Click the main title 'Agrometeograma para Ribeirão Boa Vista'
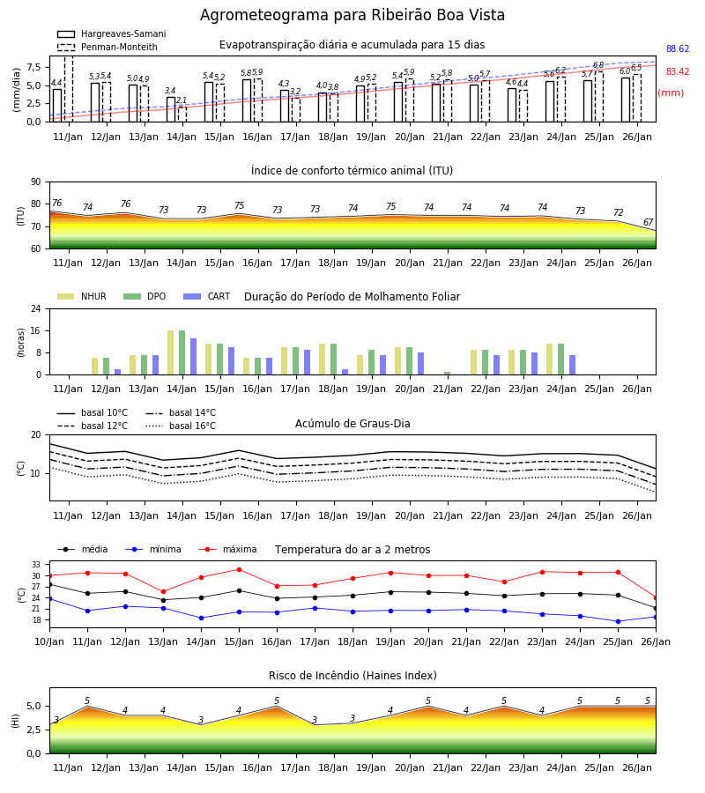(x=352, y=15)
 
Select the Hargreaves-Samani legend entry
(x=111, y=33)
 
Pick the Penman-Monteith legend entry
(x=108, y=47)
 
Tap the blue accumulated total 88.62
(x=678, y=49)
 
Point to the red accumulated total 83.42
(x=678, y=72)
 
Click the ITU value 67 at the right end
(x=648, y=223)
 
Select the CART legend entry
(x=207, y=296)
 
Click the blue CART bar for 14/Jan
(x=193, y=357)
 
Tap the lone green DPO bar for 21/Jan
(x=447, y=374)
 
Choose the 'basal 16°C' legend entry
(x=181, y=426)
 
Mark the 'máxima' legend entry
(x=227, y=549)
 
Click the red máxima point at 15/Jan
(x=239, y=569)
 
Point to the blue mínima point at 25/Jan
(x=618, y=621)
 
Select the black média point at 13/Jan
(x=163, y=600)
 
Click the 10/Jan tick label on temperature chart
(x=49, y=641)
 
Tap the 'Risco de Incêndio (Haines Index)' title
(x=352, y=676)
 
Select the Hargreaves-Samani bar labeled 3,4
(x=171, y=109)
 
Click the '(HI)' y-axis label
(x=15, y=721)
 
